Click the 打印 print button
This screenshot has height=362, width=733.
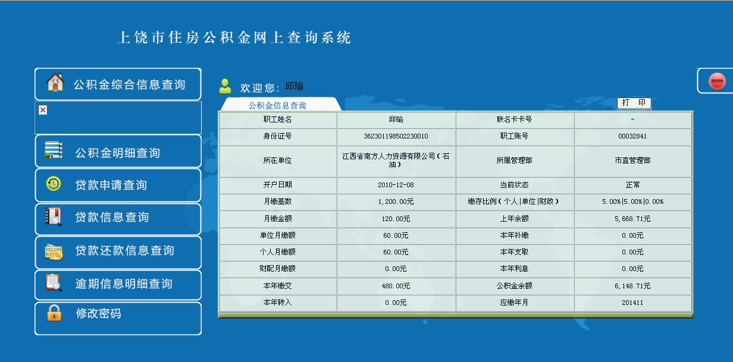click(634, 103)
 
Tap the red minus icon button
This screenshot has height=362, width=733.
click(717, 81)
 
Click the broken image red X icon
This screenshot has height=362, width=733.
click(43, 110)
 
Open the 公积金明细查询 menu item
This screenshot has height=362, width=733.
click(118, 152)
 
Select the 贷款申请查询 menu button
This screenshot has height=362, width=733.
click(118, 185)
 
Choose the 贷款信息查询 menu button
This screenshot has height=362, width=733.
click(118, 218)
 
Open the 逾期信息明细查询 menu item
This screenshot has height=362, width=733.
click(118, 285)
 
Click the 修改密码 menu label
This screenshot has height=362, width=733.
click(99, 314)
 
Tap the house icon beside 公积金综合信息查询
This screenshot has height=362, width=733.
click(55, 82)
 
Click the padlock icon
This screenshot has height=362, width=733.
click(54, 313)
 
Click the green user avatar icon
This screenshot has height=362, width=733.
click(225, 86)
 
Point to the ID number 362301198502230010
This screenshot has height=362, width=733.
click(396, 136)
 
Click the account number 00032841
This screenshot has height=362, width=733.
click(632, 136)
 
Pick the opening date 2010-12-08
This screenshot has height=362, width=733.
click(396, 185)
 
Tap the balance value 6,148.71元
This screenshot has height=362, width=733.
click(632, 286)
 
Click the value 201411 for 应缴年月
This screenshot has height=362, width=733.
click(632, 303)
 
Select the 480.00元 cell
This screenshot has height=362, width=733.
click(396, 286)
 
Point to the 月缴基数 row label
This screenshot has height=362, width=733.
click(277, 202)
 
